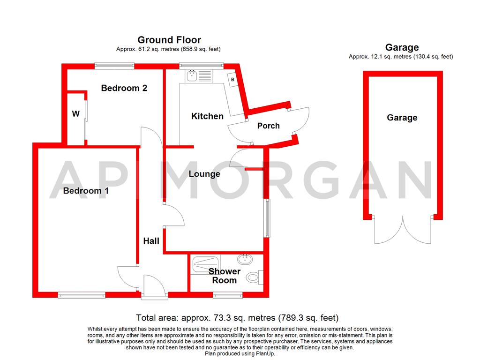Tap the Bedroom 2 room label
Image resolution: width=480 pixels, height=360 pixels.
click(x=124, y=88)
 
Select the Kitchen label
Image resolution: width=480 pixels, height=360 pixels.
click(x=207, y=116)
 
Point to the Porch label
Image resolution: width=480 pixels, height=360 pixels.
click(x=269, y=126)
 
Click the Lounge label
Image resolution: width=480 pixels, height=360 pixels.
click(x=204, y=174)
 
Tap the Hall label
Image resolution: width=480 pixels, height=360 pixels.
click(x=151, y=241)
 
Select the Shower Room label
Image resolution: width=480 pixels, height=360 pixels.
click(x=224, y=276)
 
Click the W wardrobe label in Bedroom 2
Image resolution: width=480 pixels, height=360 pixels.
click(x=75, y=114)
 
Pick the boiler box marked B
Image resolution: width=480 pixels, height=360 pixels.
click(x=232, y=80)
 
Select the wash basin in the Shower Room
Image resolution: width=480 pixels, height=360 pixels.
click(x=244, y=259)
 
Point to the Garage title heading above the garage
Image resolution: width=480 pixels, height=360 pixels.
click(x=402, y=47)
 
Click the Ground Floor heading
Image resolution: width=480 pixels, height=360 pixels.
click(x=169, y=40)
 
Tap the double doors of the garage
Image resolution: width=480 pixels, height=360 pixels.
click(x=402, y=231)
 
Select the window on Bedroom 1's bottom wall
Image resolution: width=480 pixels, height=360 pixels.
click(x=82, y=295)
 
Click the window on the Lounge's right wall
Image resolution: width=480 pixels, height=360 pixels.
click(x=267, y=218)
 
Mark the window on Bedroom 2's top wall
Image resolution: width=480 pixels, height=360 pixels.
click(x=114, y=66)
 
